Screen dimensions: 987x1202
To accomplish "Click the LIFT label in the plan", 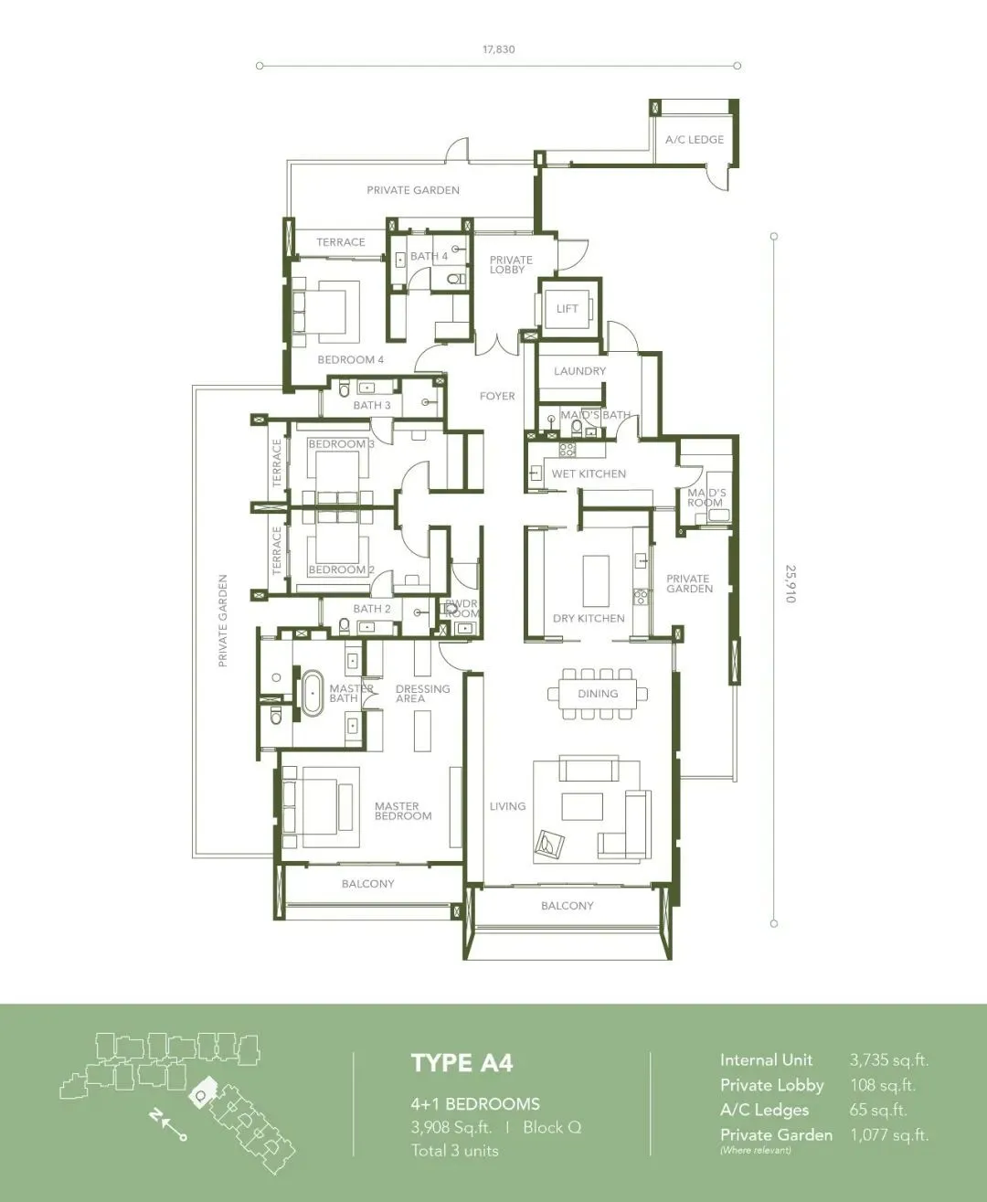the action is [x=567, y=308].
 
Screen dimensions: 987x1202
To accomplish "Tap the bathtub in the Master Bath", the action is [x=312, y=693].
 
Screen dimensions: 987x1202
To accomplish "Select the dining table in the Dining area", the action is [x=598, y=694].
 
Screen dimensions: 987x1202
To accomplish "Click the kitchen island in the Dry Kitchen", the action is [x=596, y=580].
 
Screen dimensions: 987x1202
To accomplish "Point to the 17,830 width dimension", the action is [x=499, y=49].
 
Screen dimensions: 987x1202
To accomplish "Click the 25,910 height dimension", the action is [x=791, y=583].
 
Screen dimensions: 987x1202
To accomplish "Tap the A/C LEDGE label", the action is [x=694, y=140].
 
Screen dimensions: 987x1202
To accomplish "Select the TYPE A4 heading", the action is [x=462, y=1063].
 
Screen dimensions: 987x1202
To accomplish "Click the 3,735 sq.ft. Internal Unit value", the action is [x=889, y=1060].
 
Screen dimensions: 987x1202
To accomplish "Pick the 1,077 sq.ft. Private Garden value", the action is [x=889, y=1134].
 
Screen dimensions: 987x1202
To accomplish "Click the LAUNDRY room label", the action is [x=579, y=371].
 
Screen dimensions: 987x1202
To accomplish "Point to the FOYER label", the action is [x=497, y=396].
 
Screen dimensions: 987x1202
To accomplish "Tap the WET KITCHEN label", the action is [x=589, y=473].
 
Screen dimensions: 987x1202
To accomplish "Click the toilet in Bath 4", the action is [x=456, y=280].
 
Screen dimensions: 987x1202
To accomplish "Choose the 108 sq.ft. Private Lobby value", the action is [x=883, y=1085].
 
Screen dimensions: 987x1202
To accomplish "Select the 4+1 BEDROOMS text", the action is [x=475, y=1104].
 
